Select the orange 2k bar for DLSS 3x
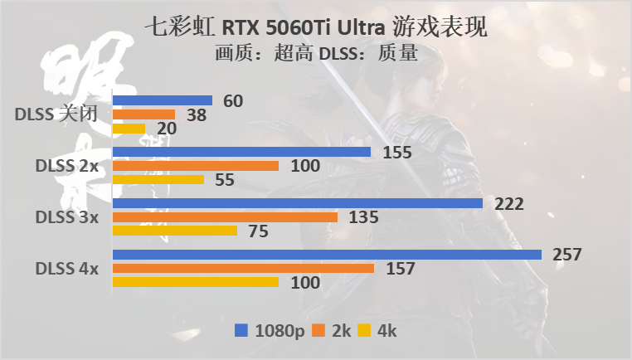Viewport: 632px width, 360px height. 225,217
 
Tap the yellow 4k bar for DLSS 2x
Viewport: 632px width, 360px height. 158,180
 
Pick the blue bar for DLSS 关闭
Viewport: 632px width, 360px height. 162,100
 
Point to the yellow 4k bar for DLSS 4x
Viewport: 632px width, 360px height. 195,283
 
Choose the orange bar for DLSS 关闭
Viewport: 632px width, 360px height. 143,114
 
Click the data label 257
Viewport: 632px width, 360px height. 568,254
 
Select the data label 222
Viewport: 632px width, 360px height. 509,203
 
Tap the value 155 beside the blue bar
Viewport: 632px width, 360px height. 397,152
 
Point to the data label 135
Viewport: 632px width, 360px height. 363,217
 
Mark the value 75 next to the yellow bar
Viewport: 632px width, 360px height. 258,231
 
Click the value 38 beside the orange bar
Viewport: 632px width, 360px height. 197,115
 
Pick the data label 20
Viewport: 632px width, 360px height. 166,129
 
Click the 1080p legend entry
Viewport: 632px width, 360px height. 270,330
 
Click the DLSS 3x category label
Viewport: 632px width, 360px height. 66,217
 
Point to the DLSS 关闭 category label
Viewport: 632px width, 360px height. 57,115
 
